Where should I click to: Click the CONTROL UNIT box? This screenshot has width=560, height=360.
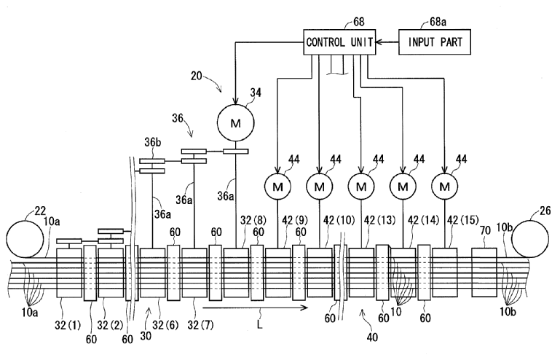click(339, 43)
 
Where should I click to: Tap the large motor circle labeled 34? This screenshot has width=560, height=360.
click(235, 122)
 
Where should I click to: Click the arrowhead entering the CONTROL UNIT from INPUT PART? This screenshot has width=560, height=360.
click(379, 43)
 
